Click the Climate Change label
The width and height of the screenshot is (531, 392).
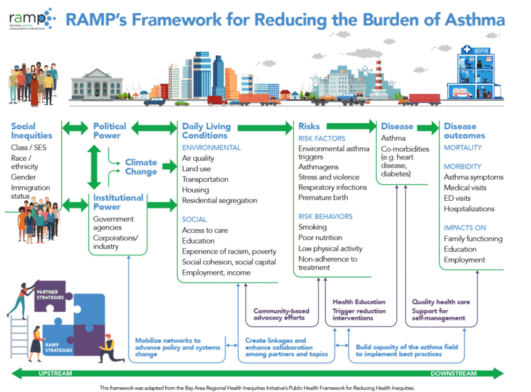[x=141, y=166]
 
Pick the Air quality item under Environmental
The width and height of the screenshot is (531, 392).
[x=198, y=158]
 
